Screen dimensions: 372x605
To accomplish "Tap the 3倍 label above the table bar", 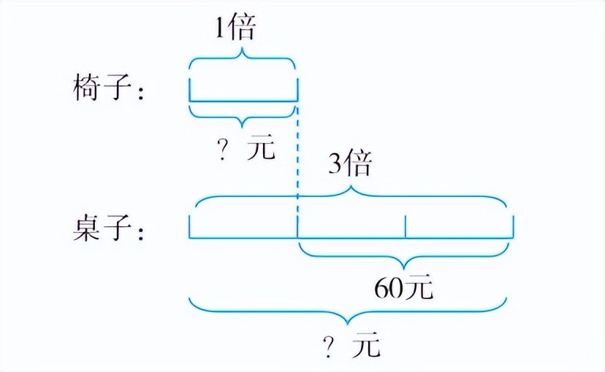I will point(349,165).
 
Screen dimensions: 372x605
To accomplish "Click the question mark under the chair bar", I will point(222,150).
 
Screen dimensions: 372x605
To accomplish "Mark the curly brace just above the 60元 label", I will point(404,257).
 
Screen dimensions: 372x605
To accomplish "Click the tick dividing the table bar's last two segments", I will point(406,228).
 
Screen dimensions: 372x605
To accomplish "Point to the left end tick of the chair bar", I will point(190,90).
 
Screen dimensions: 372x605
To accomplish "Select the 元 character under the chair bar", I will point(260,150).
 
